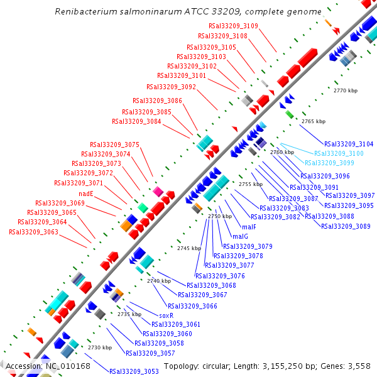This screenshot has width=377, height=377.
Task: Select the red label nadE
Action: pyautogui.click(x=86, y=194)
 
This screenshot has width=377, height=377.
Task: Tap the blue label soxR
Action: pyautogui.click(x=166, y=315)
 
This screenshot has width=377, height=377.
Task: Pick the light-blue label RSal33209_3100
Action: pyautogui.click(x=339, y=153)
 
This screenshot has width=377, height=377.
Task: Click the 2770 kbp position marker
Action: pyautogui.click(x=345, y=91)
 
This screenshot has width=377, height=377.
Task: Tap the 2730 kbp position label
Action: pyautogui.click(x=99, y=347)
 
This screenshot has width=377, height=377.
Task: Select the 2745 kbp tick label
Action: pyautogui.click(x=188, y=249)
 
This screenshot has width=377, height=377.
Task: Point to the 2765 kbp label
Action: pyautogui.click(x=314, y=121)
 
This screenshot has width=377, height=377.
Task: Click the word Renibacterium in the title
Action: pyautogui.click(x=83, y=12)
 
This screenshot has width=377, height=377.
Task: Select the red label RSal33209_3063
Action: pyautogui.click(x=33, y=232)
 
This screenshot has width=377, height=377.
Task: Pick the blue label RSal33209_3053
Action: pyautogui.click(x=134, y=371)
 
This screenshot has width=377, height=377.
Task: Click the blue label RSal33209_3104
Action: pyautogui.click(x=349, y=144)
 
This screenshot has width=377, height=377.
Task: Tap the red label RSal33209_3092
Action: pyautogui.click(x=171, y=87)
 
